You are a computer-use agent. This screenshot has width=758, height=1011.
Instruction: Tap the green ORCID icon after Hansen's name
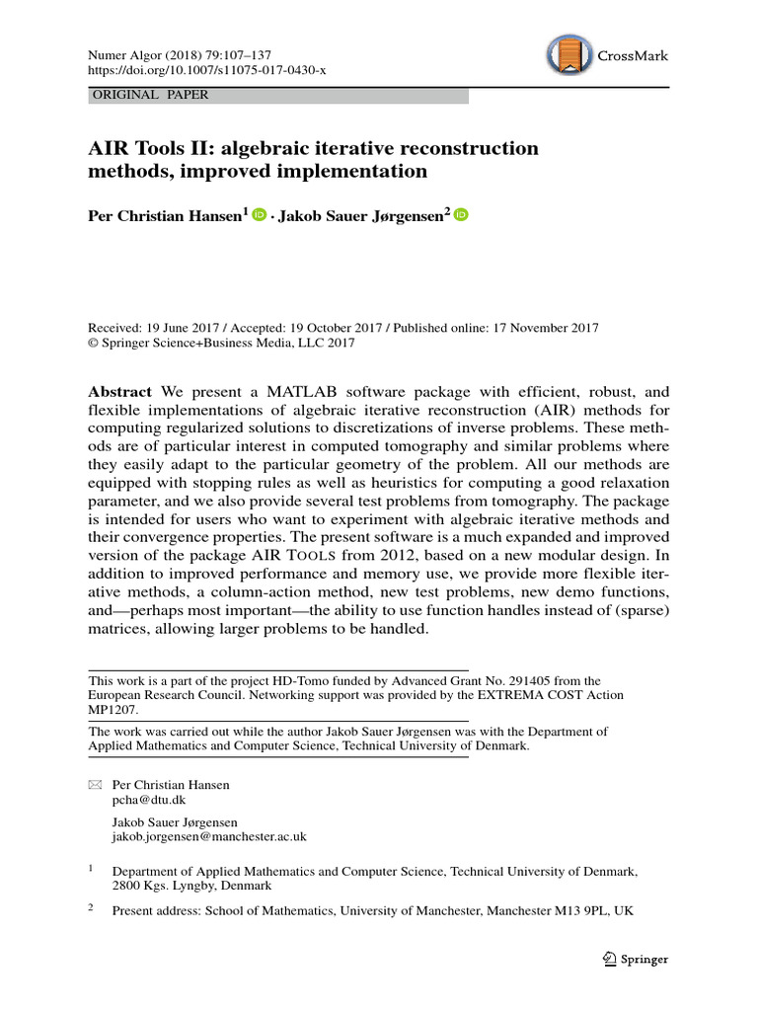pyautogui.click(x=260, y=215)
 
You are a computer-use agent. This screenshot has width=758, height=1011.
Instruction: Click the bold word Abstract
pyautogui.click(x=120, y=391)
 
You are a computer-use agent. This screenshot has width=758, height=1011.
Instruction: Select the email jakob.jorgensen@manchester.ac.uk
pyautogui.click(x=210, y=836)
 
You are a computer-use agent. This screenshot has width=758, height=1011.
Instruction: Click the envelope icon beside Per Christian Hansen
pyautogui.click(x=95, y=785)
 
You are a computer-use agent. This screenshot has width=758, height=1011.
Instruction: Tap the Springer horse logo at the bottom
pyautogui.click(x=609, y=959)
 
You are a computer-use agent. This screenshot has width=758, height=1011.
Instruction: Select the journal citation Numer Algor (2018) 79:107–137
pyautogui.click(x=180, y=56)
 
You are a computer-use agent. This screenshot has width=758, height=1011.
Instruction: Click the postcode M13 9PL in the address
pyautogui.click(x=579, y=911)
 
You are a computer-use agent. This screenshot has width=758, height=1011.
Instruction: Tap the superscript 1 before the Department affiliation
pyautogui.click(x=91, y=869)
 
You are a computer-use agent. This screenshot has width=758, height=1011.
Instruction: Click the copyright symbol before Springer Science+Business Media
pyautogui.click(x=94, y=344)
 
